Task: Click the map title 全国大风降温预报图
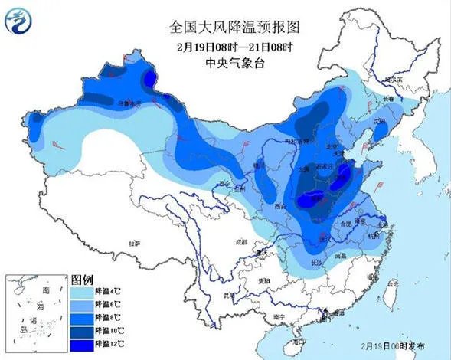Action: (x=234, y=28)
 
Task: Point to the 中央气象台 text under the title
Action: (x=234, y=64)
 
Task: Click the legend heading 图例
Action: (x=81, y=278)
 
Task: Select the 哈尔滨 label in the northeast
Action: (x=392, y=80)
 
